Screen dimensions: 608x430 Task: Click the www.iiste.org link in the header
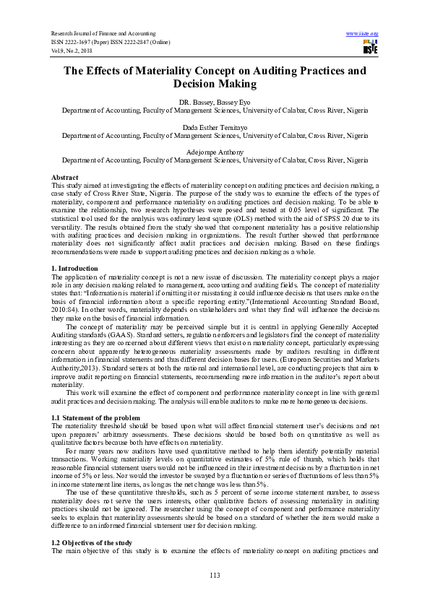(363, 33)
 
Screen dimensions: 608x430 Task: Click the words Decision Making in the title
(215, 84)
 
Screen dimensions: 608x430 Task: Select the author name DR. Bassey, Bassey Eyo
(215, 104)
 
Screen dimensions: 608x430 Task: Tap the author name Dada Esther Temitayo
(215, 127)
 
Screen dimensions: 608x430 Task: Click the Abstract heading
(66, 177)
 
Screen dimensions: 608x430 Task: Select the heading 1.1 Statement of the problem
(95, 418)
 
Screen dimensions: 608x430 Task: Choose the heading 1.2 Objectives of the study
(94, 521)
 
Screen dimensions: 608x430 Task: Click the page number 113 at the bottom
(215, 575)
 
